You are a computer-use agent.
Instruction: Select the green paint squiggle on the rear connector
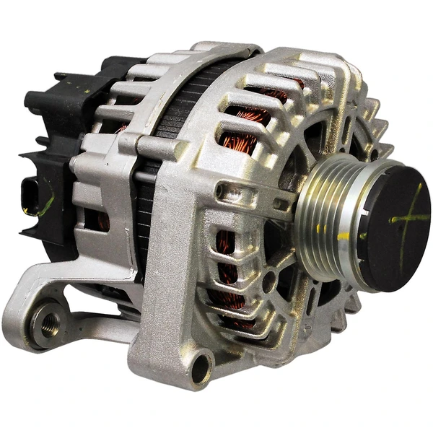[x=45, y=206]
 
